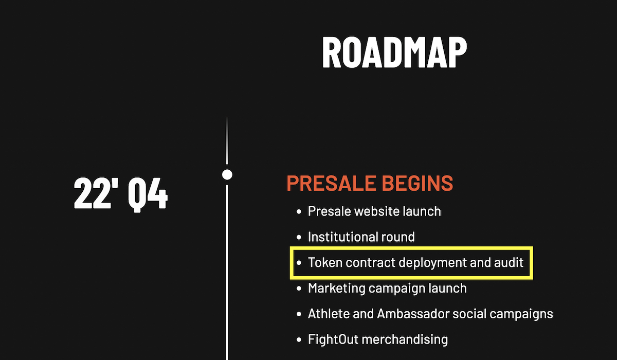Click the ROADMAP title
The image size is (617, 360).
pos(394,52)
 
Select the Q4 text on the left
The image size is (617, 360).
pos(148,194)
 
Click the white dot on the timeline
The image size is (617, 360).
pos(227,175)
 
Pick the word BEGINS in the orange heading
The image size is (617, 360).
pos(418,183)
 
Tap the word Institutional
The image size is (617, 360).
pos(344,237)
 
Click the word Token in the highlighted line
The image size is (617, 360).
pos(325,262)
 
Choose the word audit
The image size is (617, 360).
pos(509,262)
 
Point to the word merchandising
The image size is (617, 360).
pos(405,340)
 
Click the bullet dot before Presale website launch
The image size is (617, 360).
pos(299,211)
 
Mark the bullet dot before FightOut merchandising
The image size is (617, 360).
pos(299,339)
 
